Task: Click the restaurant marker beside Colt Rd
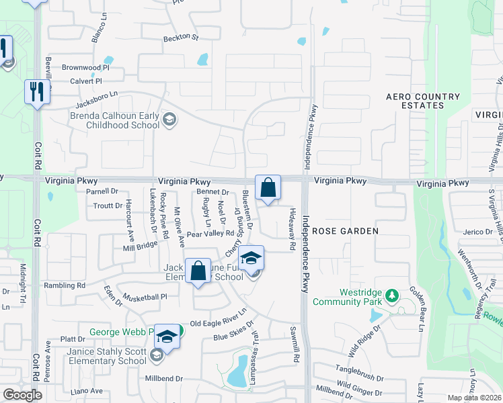point(36,92)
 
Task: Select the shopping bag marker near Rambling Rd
point(198,272)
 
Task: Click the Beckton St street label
point(182,38)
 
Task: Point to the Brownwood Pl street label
point(85,68)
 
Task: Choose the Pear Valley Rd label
point(210,234)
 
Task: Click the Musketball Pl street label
point(144,296)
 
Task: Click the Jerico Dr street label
point(478,232)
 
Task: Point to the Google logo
point(22,394)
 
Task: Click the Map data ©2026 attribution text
point(473,398)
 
